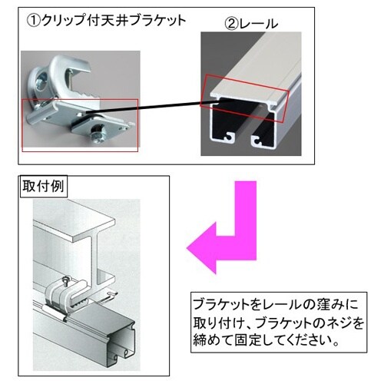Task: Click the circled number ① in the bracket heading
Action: pos(34,21)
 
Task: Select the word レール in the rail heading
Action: pos(259,25)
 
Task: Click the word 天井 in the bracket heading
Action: pos(114,21)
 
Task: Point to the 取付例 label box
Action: pos(44,186)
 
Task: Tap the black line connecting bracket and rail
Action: pos(144,107)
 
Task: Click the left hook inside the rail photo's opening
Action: pos(229,137)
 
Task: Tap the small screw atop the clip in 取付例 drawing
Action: pos(67,280)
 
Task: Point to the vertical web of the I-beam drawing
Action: pos(94,260)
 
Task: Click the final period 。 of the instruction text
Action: pos(336,344)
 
